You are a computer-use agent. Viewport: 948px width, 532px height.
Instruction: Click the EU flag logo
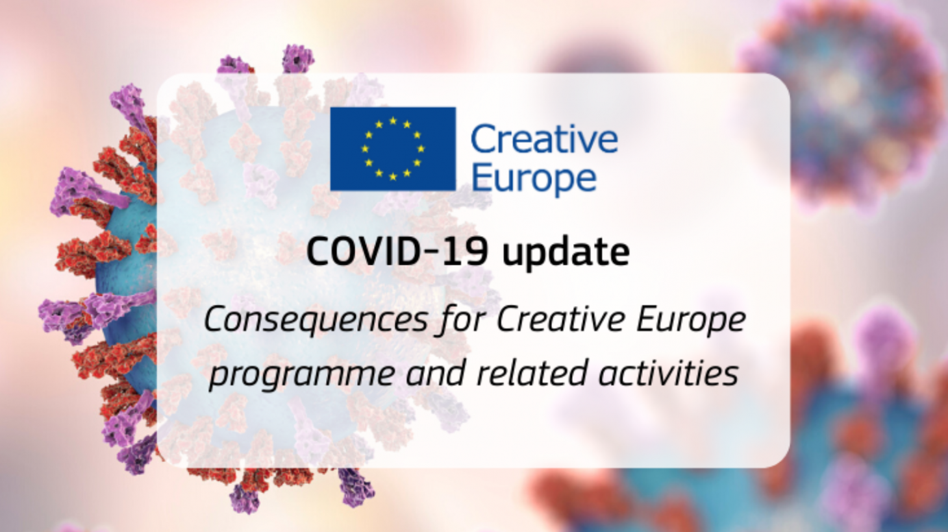pos(393,149)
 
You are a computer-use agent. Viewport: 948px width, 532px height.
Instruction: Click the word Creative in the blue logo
pos(544,139)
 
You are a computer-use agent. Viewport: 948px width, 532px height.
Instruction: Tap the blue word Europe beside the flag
pos(534,179)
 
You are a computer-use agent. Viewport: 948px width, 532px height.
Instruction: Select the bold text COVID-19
pos(397,252)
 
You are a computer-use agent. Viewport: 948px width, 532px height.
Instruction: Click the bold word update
pos(566,253)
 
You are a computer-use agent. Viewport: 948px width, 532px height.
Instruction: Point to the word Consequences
pos(316,320)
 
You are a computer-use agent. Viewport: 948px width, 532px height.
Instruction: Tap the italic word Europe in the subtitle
pos(691,320)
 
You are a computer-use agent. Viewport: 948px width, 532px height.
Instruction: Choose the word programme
pos(302,375)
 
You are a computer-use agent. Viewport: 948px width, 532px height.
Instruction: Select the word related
pos(532,372)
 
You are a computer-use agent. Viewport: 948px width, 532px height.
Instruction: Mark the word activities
pos(668,372)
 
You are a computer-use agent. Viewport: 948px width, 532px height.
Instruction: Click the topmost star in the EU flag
pos(393,121)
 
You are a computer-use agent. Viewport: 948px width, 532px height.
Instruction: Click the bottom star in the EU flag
pos(393,176)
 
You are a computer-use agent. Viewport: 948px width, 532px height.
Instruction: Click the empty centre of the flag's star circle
pos(393,149)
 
